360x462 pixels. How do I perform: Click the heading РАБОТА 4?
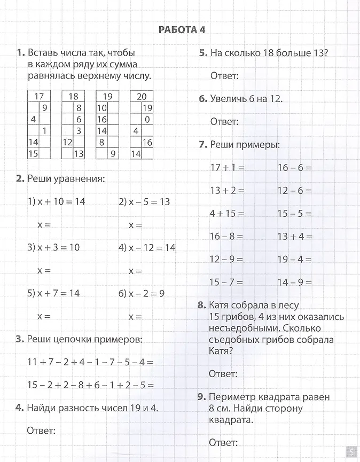tap(182, 30)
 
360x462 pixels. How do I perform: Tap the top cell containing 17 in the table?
tap(38, 97)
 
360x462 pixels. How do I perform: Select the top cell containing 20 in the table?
tap(142, 97)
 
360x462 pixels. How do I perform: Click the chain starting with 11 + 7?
tap(90, 362)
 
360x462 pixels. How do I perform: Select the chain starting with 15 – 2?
tap(90, 385)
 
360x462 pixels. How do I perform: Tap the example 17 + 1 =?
tap(227, 167)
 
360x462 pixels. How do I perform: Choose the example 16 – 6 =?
tap(294, 167)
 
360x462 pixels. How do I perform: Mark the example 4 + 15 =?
tap(227, 213)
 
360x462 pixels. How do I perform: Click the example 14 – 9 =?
tap(294, 282)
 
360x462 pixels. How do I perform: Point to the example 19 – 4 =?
tap(294, 259)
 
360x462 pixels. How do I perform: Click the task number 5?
tap(203, 53)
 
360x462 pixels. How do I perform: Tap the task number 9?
tap(201, 397)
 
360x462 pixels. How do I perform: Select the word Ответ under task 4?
tap(41, 430)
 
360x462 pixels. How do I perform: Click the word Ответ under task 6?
tap(224, 122)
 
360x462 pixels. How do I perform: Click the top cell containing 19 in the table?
tap(107, 97)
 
